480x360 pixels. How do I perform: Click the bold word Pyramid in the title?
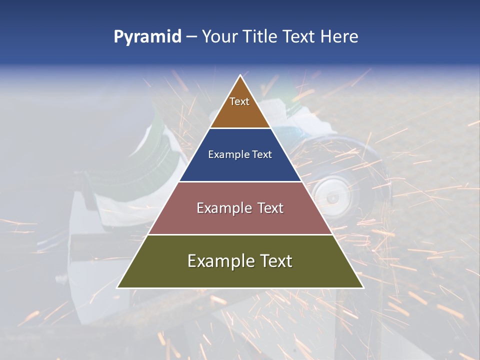[x=147, y=37]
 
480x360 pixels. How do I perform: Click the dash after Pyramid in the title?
[x=191, y=37]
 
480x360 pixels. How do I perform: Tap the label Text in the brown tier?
[x=239, y=101]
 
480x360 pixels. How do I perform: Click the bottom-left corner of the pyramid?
[x=117, y=287]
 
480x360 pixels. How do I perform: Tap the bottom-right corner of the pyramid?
[x=363, y=287]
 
